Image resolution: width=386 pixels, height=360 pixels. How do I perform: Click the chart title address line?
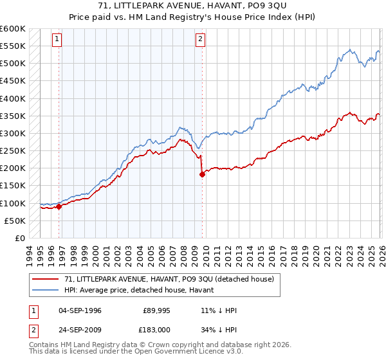pyautogui.click(x=193, y=6)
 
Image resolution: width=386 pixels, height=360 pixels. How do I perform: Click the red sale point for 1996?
pyautogui.click(x=59, y=206)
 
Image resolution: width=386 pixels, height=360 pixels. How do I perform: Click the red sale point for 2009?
pyautogui.click(x=203, y=174)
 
